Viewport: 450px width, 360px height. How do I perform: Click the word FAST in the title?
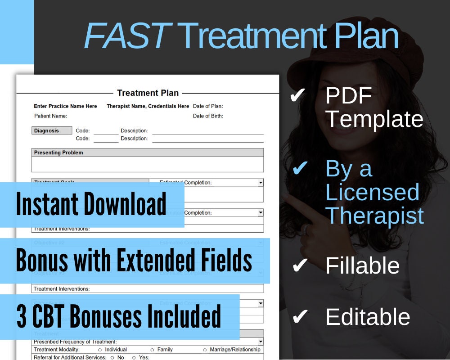point(126,36)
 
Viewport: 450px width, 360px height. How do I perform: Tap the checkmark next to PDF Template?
point(298,95)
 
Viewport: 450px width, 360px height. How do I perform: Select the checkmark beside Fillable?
point(299,265)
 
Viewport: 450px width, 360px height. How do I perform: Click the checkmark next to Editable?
point(299,317)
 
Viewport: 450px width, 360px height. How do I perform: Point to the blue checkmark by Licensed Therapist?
point(300,169)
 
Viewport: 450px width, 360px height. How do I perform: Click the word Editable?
point(368,317)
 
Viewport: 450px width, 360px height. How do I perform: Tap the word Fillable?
point(362,265)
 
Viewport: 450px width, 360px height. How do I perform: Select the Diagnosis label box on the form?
point(52,130)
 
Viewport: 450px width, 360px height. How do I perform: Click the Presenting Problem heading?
point(58,153)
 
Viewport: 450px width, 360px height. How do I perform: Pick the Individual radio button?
point(100,350)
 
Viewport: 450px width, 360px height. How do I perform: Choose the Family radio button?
point(152,350)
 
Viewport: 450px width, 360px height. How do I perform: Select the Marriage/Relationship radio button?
point(205,350)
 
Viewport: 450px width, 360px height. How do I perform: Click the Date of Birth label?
point(208,116)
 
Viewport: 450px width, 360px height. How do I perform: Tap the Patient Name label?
point(50,116)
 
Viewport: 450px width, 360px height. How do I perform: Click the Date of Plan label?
point(208,106)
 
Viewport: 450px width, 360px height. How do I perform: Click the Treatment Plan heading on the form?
point(148,93)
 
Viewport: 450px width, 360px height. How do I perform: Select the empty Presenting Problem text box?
point(147,164)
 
